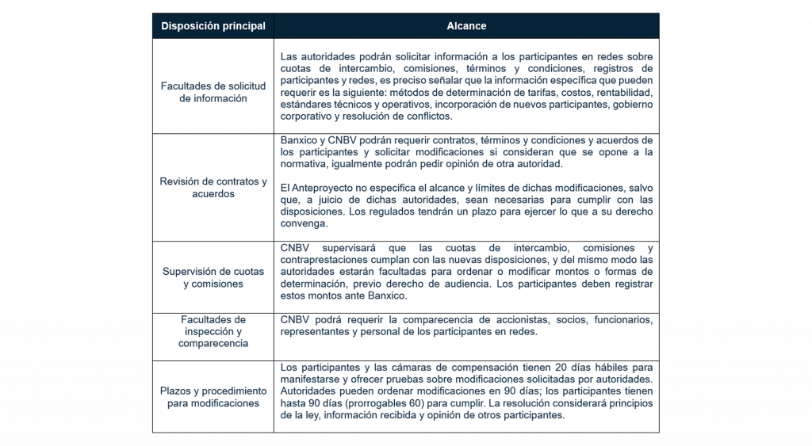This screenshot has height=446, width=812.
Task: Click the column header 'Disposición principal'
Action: pyautogui.click(x=213, y=26)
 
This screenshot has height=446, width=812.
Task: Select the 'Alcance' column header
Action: pyautogui.click(x=466, y=26)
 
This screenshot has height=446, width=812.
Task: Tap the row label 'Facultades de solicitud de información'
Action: pyautogui.click(x=213, y=92)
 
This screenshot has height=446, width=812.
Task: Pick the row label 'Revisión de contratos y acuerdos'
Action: pyautogui.click(x=213, y=188)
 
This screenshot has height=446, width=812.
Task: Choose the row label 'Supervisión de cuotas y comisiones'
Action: pyautogui.click(x=213, y=277)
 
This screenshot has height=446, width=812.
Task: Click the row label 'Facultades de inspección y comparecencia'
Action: pyautogui.click(x=213, y=332)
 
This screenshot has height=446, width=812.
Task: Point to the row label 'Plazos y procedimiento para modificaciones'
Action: pyautogui.click(x=213, y=397)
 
